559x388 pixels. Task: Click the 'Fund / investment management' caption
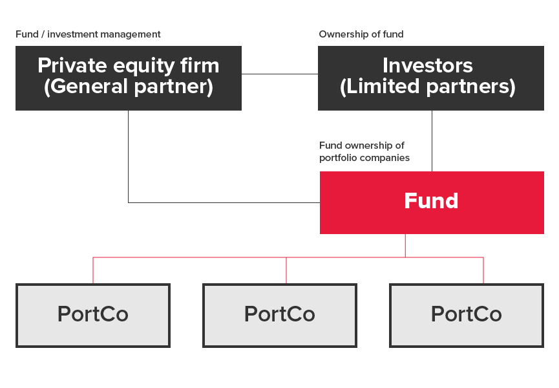pos(88,34)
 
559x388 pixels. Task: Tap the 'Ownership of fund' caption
pos(361,34)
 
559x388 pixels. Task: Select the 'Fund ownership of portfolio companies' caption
pos(364,151)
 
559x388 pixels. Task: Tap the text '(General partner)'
pos(129,87)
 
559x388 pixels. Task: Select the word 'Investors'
pos(428,65)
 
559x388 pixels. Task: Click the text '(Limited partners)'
pos(428,87)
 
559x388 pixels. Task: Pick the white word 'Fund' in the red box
pos(431,200)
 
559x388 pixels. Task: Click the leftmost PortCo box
pos(93,316)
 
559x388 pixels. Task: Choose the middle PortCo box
pos(280,316)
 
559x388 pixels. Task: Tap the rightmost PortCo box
pos(467,316)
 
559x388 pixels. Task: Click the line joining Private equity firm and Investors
pos(280,74)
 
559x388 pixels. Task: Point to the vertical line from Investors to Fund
pos(432,141)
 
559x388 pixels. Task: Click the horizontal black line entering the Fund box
pos(224,203)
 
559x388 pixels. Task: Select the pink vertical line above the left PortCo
pos(93,270)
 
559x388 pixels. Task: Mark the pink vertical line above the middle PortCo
pos(286,270)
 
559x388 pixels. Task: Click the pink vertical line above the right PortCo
pos(483,270)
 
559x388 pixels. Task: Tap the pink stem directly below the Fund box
pos(405,246)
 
